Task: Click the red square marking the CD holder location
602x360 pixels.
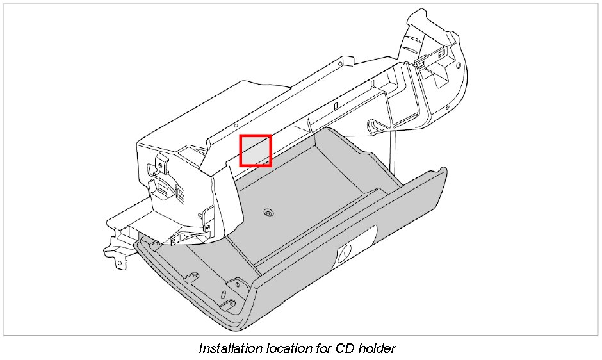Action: click(x=256, y=151)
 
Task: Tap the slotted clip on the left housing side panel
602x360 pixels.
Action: click(x=161, y=189)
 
